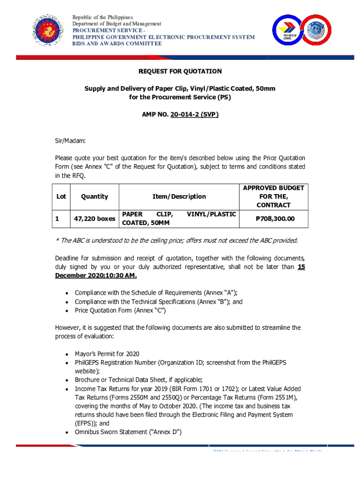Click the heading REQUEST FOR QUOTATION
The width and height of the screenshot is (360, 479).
point(180,72)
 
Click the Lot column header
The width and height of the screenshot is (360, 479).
point(61,196)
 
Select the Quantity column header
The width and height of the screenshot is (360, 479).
point(94,196)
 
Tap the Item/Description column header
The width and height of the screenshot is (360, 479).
point(179,196)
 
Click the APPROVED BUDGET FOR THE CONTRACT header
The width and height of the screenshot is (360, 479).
point(273,196)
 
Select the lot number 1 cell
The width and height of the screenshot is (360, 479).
point(57,218)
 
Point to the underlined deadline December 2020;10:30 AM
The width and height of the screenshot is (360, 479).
point(96,276)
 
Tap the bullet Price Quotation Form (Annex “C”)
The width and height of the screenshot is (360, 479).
point(120,310)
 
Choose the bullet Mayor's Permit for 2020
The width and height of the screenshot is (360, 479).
point(107,354)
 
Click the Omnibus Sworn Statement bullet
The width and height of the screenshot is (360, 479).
point(128,431)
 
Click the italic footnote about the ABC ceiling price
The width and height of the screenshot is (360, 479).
point(176,240)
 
